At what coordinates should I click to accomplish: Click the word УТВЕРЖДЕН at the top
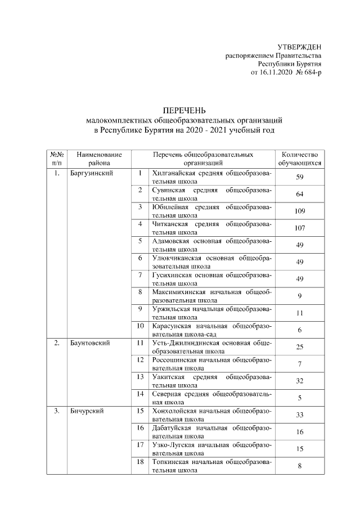300,46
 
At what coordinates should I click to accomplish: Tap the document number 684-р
310,73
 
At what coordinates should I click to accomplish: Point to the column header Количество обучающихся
300,159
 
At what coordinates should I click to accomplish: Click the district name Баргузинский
92,173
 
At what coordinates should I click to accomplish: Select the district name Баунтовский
90,343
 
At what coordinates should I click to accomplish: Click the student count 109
300,211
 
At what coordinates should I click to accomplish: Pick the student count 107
300,228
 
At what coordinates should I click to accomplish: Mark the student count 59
300,178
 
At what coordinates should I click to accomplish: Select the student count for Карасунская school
300,330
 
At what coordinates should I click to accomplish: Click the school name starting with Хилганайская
211,178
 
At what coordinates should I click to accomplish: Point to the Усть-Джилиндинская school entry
211,346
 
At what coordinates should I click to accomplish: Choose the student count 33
300,415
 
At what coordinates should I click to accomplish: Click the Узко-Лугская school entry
211,449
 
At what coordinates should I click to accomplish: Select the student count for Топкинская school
300,466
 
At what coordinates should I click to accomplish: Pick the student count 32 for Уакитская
300,381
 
